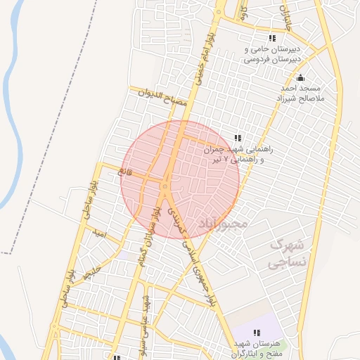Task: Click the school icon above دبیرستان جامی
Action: (x=272, y=39)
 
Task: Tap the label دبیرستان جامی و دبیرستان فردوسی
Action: (x=272, y=55)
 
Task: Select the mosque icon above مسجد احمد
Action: (x=301, y=78)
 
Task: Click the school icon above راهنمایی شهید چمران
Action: (x=238, y=138)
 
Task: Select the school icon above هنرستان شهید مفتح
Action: (x=257, y=332)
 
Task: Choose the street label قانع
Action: (x=126, y=171)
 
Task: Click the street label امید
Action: (x=98, y=235)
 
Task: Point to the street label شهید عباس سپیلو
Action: (x=149, y=314)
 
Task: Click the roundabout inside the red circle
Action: (x=165, y=187)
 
